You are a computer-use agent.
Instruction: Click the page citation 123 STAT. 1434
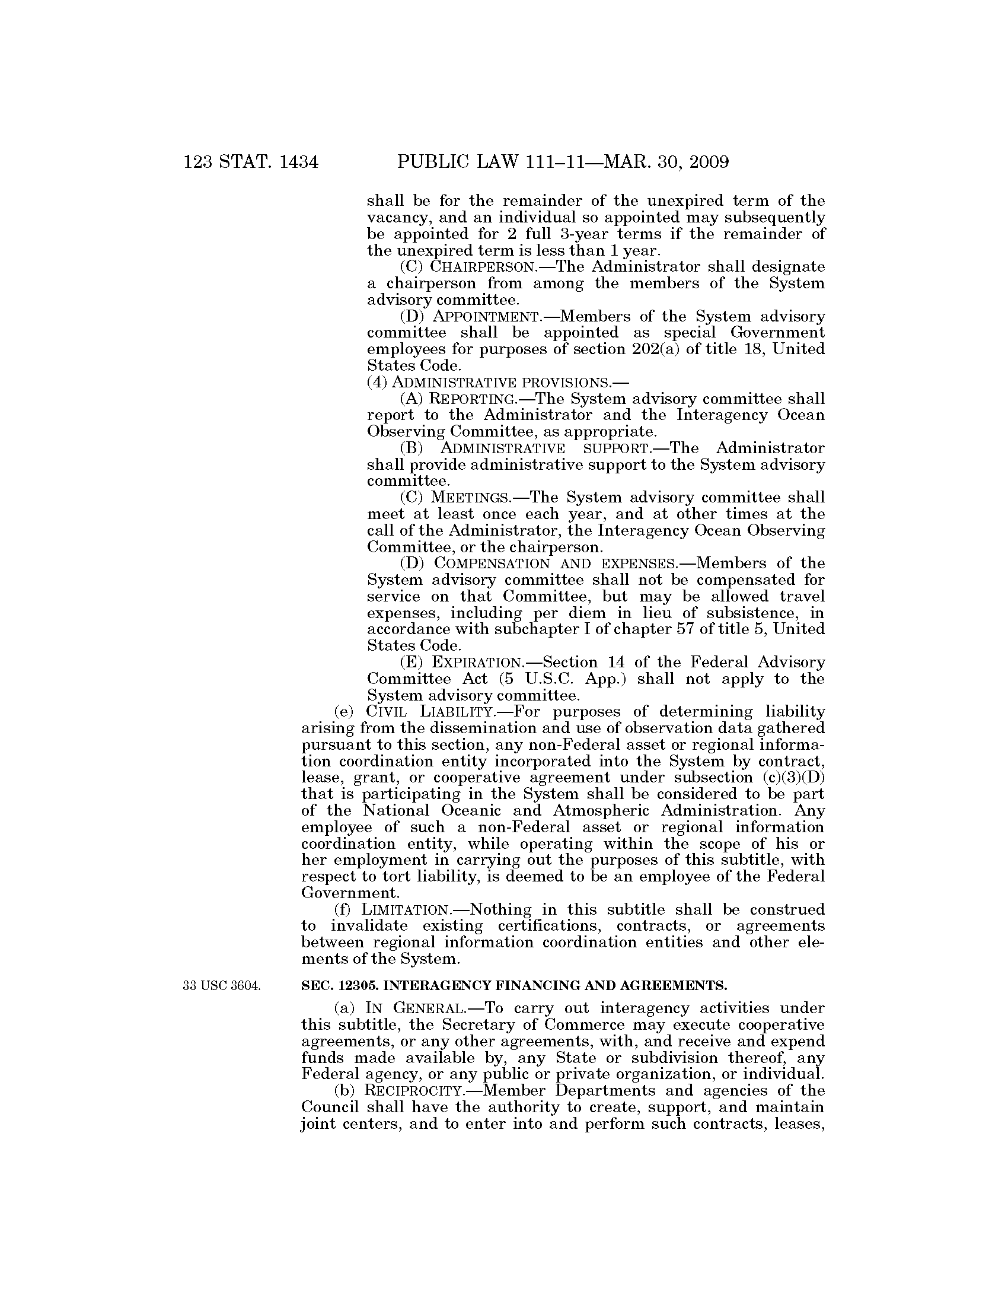[x=251, y=162]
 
